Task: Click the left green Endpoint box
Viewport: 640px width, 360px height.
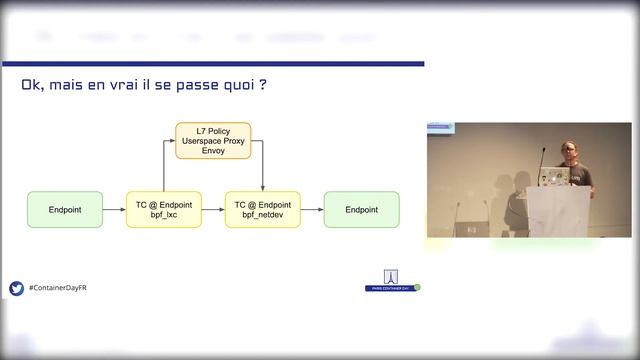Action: [65, 210]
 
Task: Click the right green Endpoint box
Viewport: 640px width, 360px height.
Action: [361, 210]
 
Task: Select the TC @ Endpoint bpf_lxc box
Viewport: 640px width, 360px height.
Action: [164, 210]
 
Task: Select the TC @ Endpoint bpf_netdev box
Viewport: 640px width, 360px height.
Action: [262, 210]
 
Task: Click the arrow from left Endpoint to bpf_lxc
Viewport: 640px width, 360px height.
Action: [114, 210]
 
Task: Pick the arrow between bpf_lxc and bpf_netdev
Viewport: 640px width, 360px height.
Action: [213, 210]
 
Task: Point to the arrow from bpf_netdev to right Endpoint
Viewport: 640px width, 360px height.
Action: [311, 210]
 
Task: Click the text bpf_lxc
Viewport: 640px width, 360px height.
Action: [164, 216]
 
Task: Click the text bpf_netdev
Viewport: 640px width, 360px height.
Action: [262, 216]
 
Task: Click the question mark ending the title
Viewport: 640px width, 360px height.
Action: [262, 85]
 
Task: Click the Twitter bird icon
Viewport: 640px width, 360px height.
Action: [16, 288]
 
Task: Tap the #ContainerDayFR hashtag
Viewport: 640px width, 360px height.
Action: [61, 288]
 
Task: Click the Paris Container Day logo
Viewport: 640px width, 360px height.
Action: [392, 282]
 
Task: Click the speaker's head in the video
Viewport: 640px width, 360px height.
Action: [568, 150]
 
